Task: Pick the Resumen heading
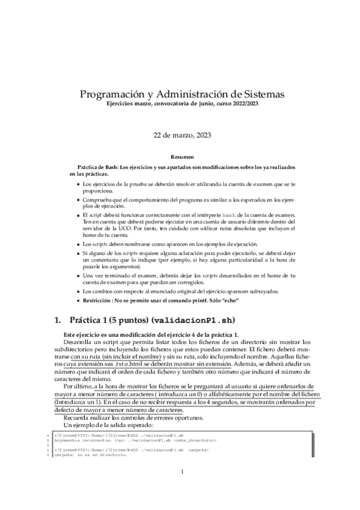180,155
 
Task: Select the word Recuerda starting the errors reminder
78,417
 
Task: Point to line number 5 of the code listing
47,455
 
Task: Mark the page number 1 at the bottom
181,473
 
